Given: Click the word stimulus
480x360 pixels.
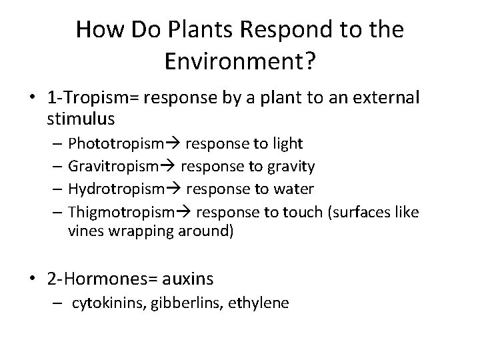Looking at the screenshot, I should [81, 119].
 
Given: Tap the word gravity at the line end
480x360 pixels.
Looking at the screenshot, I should [293, 166].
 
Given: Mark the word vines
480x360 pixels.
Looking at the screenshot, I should [84, 233].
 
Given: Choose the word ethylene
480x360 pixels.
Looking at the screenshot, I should [259, 303].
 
